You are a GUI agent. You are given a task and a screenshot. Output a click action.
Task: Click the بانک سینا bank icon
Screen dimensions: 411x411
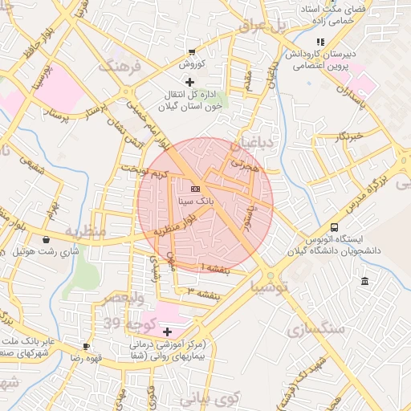coord(196,188)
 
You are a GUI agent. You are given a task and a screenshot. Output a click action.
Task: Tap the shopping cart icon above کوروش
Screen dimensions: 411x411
coord(191,50)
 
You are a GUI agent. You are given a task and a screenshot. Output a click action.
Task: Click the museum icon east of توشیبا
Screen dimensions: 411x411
coord(365,281)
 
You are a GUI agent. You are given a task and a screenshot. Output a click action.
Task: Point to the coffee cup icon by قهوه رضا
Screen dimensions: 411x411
coord(86,347)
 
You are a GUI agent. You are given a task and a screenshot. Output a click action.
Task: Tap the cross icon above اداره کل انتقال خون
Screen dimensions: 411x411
coord(189,82)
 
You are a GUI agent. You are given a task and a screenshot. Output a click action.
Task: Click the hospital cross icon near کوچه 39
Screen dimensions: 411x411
coord(167,332)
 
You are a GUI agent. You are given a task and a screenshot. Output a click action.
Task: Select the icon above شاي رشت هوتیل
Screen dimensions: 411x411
coord(47,239)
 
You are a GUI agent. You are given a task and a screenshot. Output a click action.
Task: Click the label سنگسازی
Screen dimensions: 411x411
coord(315,328)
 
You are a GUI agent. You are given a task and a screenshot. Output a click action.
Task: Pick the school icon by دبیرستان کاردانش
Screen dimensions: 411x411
coord(320,42)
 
